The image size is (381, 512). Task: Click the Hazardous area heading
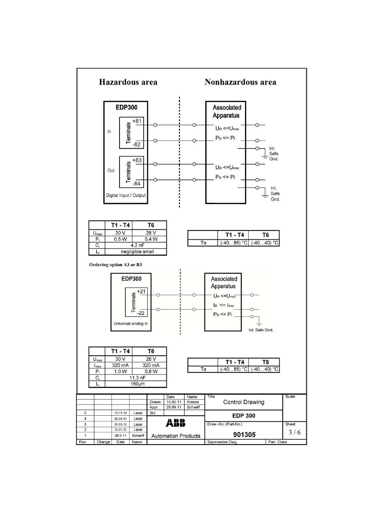click(x=128, y=82)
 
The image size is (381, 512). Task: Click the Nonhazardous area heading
click(x=240, y=82)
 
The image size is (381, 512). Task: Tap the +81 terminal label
click(x=137, y=121)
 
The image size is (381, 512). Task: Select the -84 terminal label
click(x=136, y=184)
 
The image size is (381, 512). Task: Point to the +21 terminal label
click(x=141, y=291)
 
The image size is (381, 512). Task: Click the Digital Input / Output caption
click(x=126, y=195)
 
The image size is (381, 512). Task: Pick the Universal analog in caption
click(x=130, y=323)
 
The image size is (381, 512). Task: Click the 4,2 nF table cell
click(x=138, y=245)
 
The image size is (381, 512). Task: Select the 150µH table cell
click(x=138, y=384)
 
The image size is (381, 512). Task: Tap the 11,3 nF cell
click(x=138, y=377)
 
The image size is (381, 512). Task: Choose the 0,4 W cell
click(x=151, y=239)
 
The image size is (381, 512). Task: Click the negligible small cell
click(x=138, y=252)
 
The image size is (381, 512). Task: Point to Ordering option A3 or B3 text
click(x=116, y=265)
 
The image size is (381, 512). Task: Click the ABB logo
click(x=176, y=423)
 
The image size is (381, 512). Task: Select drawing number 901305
click(x=245, y=434)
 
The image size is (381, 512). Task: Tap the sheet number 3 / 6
click(x=295, y=432)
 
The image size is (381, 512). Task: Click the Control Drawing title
click(x=243, y=402)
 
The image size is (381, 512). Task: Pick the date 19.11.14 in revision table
click(x=120, y=413)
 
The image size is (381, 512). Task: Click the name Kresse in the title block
click(x=193, y=402)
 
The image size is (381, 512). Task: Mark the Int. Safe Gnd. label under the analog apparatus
click(x=261, y=330)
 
